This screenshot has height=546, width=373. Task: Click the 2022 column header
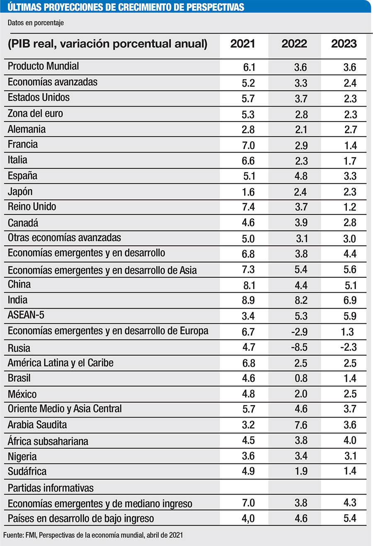click(x=294, y=44)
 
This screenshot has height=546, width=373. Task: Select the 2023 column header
click(x=344, y=44)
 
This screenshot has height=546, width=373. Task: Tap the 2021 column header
click(x=242, y=44)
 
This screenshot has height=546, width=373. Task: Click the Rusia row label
click(x=19, y=348)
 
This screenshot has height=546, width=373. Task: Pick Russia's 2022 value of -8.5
click(x=299, y=347)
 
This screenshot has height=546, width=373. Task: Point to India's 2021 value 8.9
click(x=248, y=300)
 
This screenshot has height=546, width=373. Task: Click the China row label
click(x=19, y=284)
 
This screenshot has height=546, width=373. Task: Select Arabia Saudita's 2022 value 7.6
click(x=301, y=425)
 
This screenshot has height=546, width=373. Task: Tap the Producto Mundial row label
click(x=44, y=66)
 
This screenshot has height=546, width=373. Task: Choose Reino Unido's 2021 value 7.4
click(x=248, y=207)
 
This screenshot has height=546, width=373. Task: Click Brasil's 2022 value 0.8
click(x=301, y=378)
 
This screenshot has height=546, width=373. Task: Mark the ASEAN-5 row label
click(x=26, y=315)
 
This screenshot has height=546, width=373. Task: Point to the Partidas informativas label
click(x=51, y=488)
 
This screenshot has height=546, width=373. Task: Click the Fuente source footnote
click(x=93, y=535)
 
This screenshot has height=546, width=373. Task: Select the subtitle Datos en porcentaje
click(x=36, y=23)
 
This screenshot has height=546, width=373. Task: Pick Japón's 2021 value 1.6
click(x=248, y=192)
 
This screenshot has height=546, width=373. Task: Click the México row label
click(x=22, y=394)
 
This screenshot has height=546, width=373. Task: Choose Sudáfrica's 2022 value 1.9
click(x=301, y=471)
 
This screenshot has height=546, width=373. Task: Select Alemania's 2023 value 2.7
click(x=350, y=130)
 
